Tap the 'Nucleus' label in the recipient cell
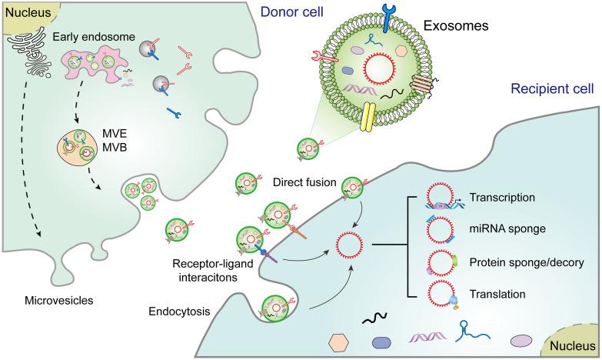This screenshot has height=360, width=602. [x=573, y=344]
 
